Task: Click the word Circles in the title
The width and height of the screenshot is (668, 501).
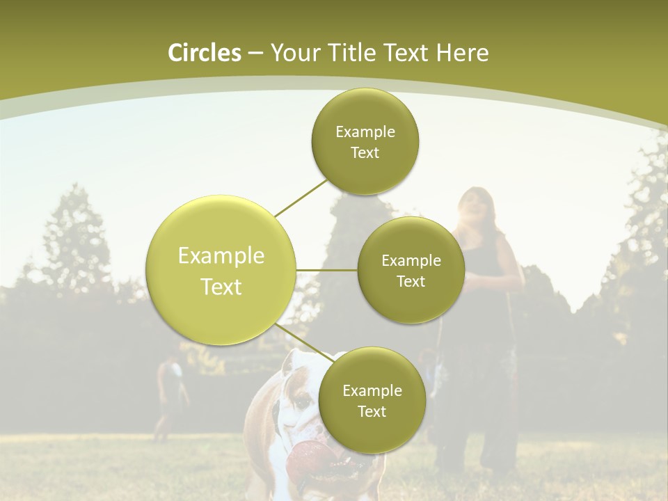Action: click(204, 53)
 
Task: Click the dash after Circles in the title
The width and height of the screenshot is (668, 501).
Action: click(255, 54)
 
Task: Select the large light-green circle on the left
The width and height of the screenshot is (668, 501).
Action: click(221, 270)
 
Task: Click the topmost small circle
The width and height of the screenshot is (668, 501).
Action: click(365, 141)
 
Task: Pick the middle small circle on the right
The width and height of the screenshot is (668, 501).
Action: click(411, 270)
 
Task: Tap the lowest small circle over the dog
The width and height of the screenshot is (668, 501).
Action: click(372, 400)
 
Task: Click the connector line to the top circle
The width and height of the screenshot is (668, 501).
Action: click(301, 198)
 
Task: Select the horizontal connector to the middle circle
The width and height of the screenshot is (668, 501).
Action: click(326, 270)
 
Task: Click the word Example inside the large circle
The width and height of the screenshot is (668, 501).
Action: click(221, 256)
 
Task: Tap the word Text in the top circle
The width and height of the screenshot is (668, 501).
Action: click(365, 153)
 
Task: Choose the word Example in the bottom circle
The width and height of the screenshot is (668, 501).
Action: click(372, 390)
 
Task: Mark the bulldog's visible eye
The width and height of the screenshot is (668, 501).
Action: click(301, 401)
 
